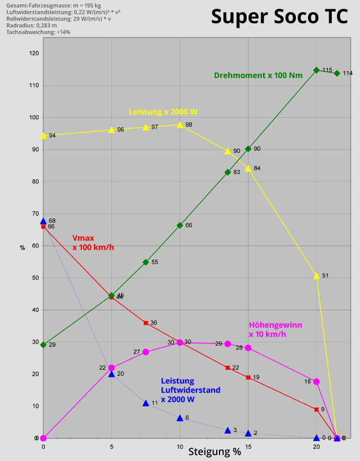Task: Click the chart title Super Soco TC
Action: click(x=279, y=17)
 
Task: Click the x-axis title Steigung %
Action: click(x=215, y=451)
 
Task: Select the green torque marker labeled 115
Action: click(x=316, y=70)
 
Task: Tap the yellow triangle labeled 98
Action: click(x=180, y=125)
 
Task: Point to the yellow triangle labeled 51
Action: click(x=316, y=275)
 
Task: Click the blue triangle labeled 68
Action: click(x=43, y=221)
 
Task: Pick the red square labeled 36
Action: click(x=145, y=323)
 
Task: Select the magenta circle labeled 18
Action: click(x=316, y=381)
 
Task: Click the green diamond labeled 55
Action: click(x=145, y=262)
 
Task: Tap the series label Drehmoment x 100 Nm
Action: click(x=258, y=75)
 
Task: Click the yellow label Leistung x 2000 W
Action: click(x=163, y=111)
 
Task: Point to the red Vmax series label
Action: click(x=93, y=242)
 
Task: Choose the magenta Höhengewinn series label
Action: click(x=275, y=329)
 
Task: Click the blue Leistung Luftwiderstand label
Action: click(x=190, y=390)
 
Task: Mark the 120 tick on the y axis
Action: click(x=34, y=53)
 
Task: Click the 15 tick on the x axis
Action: click(x=248, y=447)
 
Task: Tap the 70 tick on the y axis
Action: click(x=34, y=214)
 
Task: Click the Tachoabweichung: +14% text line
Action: click(x=38, y=32)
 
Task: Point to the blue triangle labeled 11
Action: click(x=145, y=403)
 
